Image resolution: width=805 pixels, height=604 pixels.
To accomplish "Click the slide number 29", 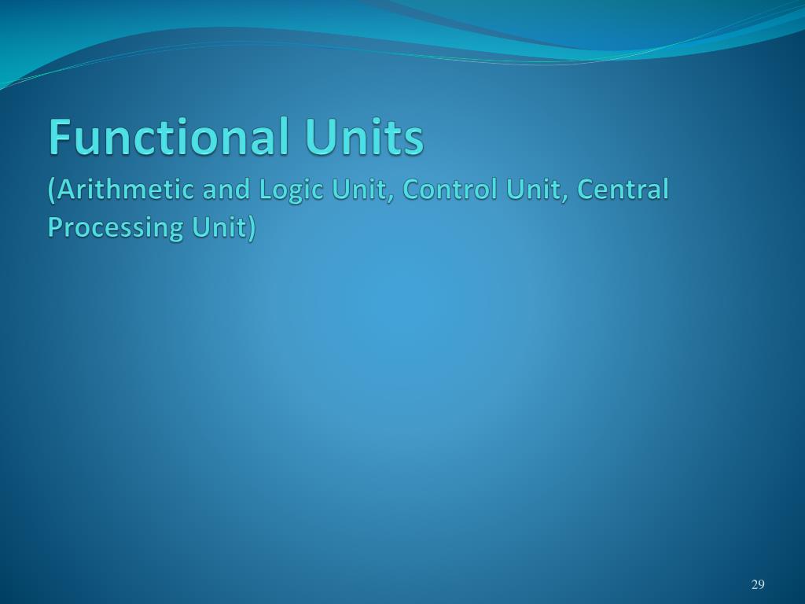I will [x=758, y=584].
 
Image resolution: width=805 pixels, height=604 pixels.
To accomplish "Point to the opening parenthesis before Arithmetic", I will [x=52, y=190].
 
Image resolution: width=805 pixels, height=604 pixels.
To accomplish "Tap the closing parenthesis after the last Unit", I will [x=252, y=227].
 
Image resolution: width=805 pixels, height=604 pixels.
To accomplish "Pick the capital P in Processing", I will [x=55, y=226].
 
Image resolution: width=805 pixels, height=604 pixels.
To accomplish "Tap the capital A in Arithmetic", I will [x=66, y=190].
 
